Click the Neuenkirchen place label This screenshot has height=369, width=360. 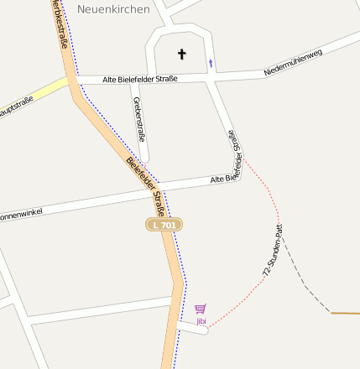(113, 9)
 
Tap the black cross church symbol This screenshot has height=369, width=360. (181, 55)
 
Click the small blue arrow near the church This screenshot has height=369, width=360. (211, 62)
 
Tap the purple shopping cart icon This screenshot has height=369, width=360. (200, 309)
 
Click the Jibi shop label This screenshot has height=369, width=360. (201, 321)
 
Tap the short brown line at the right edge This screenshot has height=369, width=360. (345, 313)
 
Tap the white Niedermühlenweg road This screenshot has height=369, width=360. (336, 45)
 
